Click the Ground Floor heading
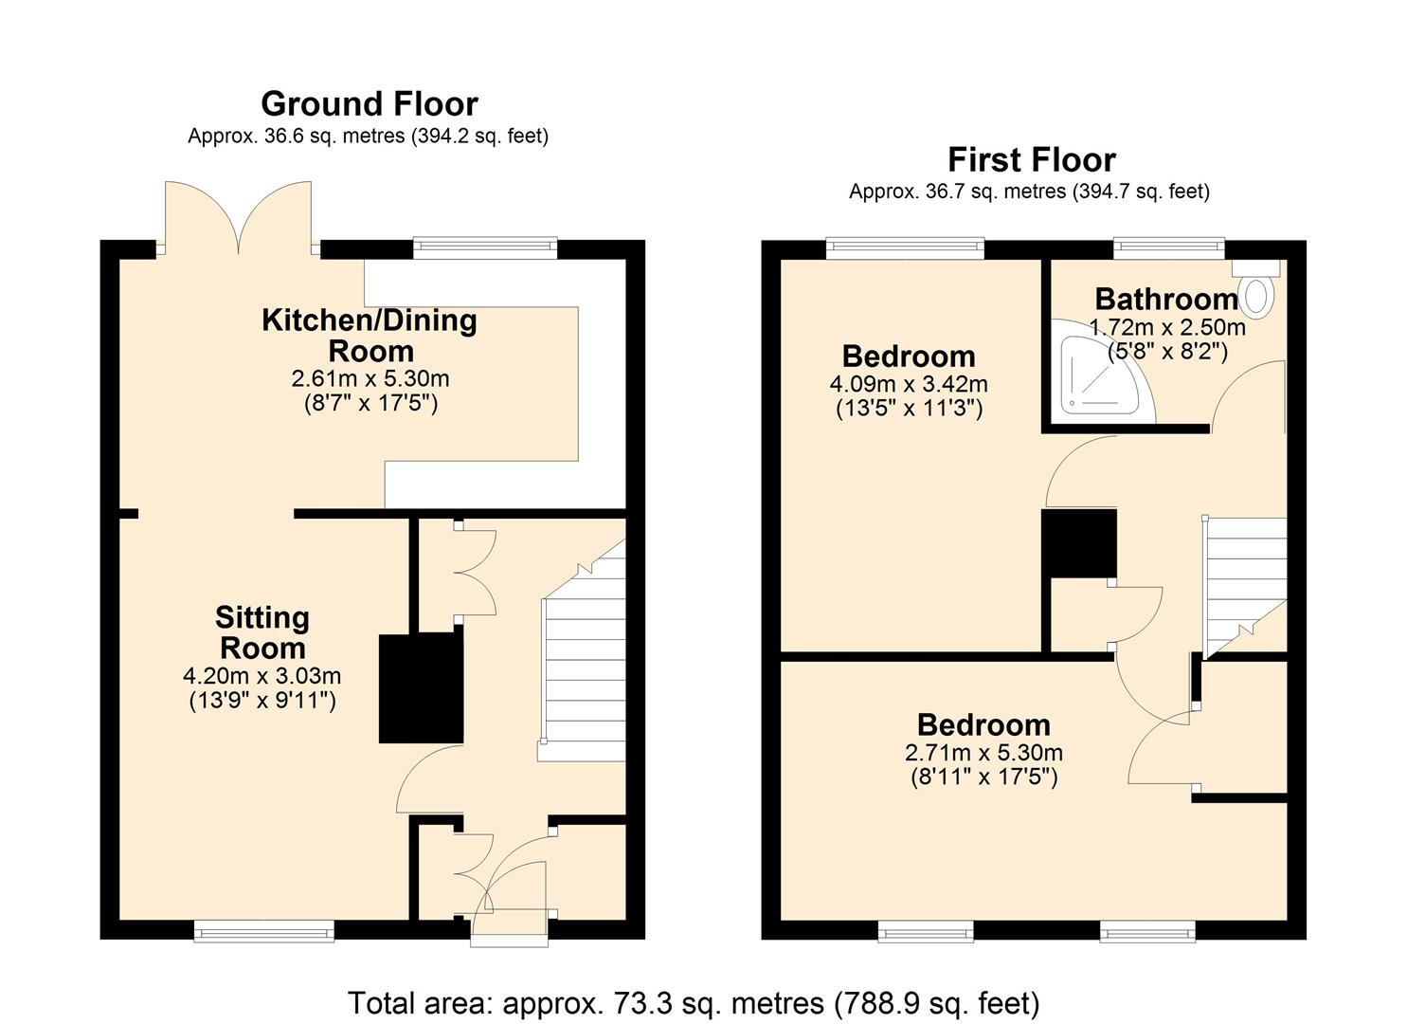point(369,103)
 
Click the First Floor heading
point(1031,159)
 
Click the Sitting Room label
point(262,632)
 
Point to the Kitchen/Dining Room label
point(369,335)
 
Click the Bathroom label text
point(1166,300)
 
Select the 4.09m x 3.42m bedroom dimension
point(908,384)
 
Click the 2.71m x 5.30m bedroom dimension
point(983,753)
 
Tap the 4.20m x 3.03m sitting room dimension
point(262,676)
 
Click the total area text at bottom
point(693,1002)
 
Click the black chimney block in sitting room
point(421,687)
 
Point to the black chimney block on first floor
point(1078,542)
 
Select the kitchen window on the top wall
point(485,247)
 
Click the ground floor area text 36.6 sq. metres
point(368,136)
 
